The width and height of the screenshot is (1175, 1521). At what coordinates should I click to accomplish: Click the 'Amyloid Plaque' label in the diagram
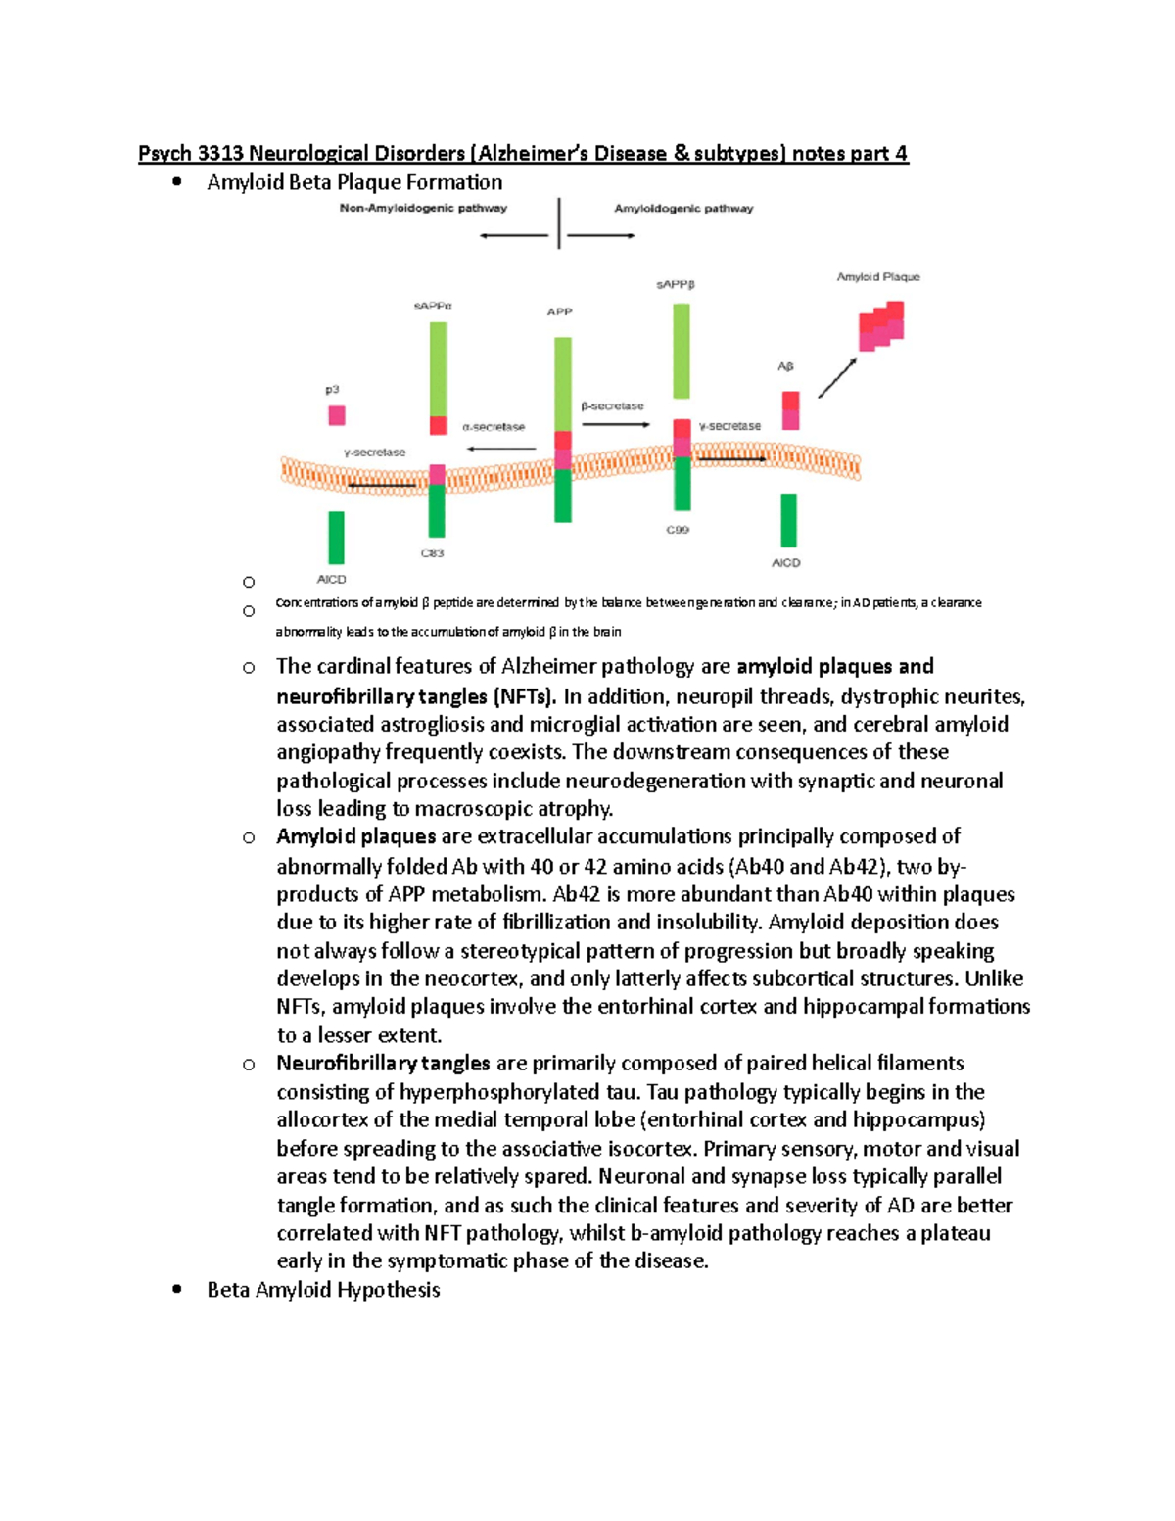click(877, 277)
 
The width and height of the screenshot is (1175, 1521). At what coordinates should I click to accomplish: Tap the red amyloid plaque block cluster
click(880, 326)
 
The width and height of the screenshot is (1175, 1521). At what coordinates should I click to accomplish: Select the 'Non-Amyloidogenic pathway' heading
click(423, 208)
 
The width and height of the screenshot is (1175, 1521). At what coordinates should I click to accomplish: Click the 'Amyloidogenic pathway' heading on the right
click(683, 208)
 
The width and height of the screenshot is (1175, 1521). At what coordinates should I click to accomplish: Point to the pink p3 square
click(337, 415)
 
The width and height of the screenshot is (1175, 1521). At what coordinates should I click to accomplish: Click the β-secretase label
click(612, 405)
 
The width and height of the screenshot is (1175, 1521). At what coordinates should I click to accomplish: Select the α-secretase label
click(493, 427)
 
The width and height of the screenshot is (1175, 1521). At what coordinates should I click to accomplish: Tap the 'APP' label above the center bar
click(559, 311)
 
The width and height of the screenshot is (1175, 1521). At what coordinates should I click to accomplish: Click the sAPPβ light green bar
click(681, 351)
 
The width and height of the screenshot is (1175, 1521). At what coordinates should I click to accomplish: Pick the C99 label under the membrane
click(678, 530)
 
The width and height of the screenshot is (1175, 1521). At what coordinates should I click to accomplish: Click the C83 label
click(432, 553)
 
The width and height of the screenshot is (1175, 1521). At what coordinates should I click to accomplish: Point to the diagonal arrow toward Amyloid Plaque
click(837, 378)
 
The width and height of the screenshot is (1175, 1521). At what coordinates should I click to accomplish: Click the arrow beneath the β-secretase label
click(616, 424)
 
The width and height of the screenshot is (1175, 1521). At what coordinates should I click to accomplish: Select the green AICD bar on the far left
click(336, 538)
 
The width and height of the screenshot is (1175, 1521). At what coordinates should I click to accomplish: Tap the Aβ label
click(785, 366)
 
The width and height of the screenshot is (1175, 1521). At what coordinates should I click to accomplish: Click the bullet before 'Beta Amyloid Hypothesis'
click(177, 1289)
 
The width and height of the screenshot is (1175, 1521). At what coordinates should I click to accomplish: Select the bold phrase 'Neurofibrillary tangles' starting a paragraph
click(383, 1063)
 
